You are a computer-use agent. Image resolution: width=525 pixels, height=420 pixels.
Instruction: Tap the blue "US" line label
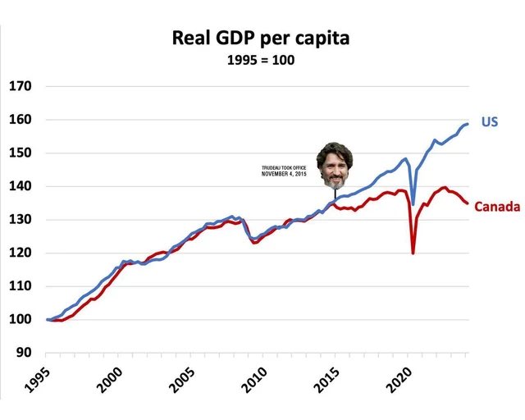pos(490,122)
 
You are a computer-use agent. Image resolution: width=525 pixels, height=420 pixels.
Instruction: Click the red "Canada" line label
pos(497,207)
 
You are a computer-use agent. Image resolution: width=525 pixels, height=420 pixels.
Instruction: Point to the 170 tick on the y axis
pos(21,86)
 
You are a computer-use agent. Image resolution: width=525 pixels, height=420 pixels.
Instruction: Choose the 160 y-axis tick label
pos(21,120)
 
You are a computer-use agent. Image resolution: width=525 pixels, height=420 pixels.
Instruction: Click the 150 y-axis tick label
pos(21,153)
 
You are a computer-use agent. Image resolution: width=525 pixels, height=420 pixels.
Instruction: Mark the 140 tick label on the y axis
pos(21,186)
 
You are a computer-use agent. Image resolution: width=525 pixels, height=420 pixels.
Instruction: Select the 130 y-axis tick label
pos(21,220)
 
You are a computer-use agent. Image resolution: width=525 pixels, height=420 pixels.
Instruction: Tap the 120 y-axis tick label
pos(21,253)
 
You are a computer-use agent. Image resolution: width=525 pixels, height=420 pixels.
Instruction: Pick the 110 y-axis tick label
pos(21,286)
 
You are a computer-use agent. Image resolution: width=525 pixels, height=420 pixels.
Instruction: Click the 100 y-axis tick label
pos(21,319)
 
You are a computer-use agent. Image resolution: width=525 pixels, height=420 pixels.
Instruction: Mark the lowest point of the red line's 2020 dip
pos(413,253)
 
